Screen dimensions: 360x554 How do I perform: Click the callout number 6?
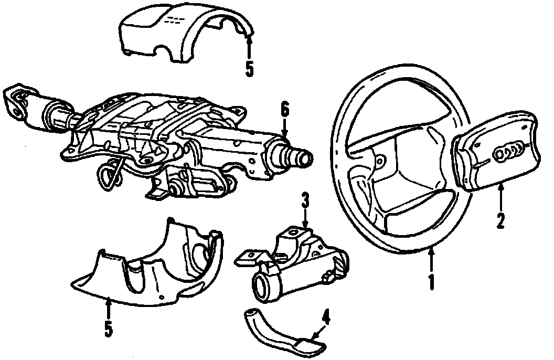pos(284,111)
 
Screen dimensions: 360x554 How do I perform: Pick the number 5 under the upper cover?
pos(249,68)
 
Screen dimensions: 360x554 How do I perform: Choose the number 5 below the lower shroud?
pos(108,328)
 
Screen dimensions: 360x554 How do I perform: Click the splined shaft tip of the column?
pos(299,156)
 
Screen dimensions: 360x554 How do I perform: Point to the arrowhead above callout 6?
pos(285,135)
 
